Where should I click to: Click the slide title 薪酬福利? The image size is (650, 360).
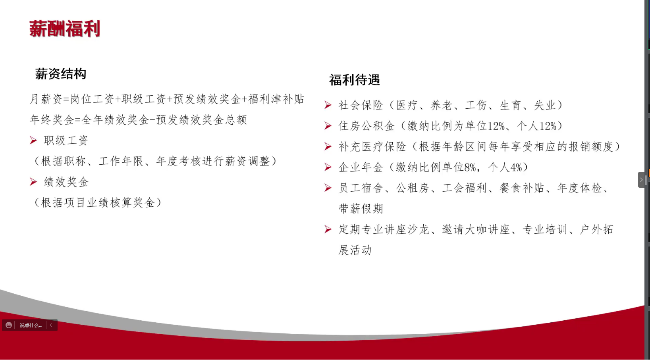pos(64,29)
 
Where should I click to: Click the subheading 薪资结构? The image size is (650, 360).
pos(61,74)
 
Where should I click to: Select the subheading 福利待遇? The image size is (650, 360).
pos(354,80)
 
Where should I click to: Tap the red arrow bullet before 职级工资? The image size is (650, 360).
pos(33,141)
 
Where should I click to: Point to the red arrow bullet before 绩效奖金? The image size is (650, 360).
pos(33,182)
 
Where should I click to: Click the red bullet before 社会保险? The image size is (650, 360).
pos(328,105)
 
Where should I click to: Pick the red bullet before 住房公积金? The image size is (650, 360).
pos(328,126)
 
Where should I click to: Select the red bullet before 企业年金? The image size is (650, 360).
pos(328,167)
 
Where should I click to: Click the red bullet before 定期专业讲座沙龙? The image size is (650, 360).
pos(328,229)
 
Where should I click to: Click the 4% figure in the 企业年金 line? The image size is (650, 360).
pos(516,167)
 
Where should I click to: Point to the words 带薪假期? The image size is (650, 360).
pos(361,208)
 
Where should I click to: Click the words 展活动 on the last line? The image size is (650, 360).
pos(355,250)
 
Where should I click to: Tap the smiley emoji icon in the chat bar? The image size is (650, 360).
pos(9,325)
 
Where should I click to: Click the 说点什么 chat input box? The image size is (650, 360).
pos(31,325)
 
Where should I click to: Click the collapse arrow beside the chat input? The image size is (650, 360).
pos(51,325)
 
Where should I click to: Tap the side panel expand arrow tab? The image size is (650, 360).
pos(641,180)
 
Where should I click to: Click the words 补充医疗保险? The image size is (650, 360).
pos(372,146)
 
